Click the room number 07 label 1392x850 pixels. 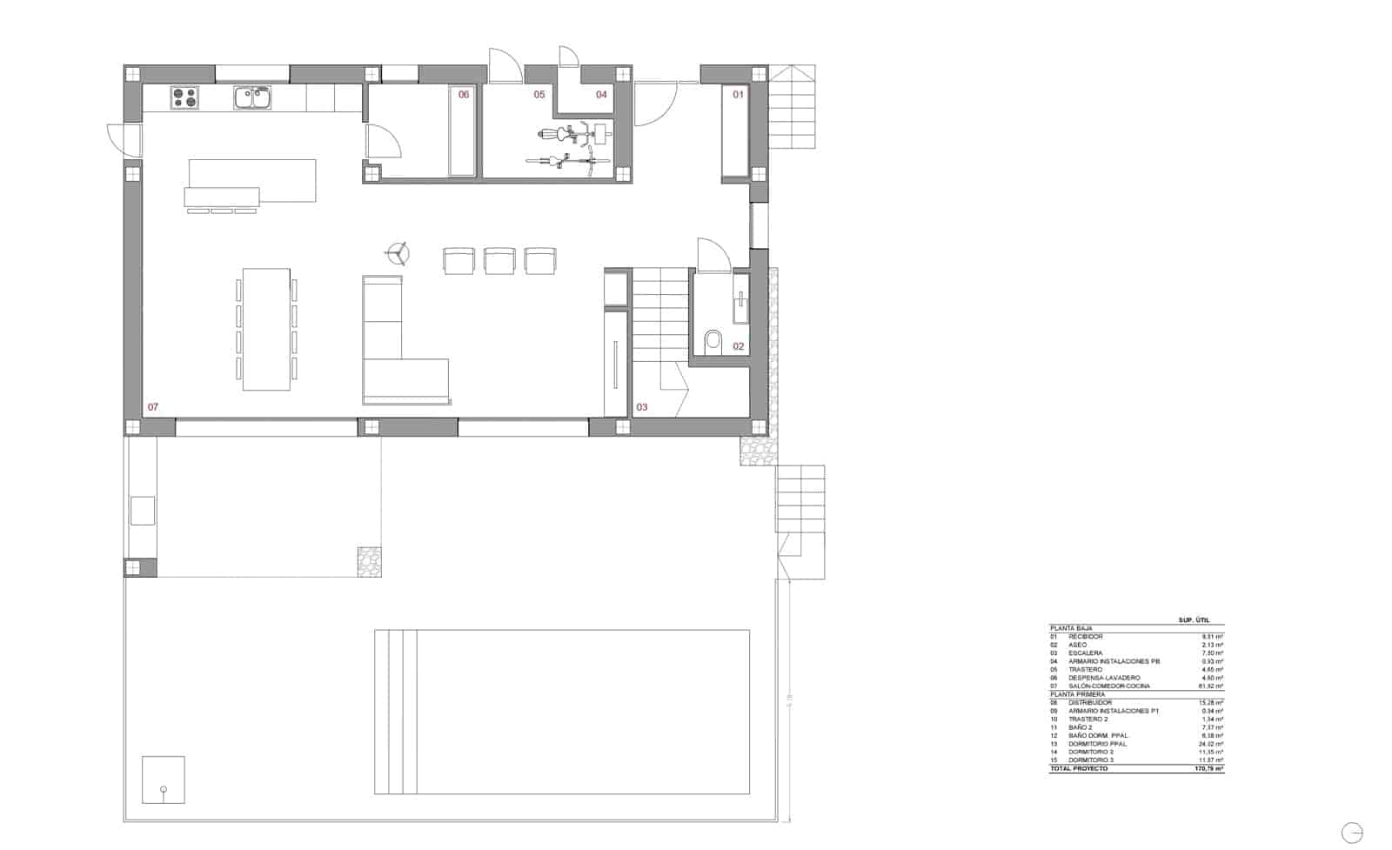[x=153, y=407]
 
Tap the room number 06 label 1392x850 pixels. [x=464, y=95]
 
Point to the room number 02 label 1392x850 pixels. [x=739, y=346]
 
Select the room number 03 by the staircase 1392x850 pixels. [x=642, y=407]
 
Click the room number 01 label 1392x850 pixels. [x=738, y=94]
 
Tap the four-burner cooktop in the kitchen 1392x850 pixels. [x=184, y=97]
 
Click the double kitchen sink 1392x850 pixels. [x=252, y=97]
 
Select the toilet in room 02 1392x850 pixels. [x=713, y=340]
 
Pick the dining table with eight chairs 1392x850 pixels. [x=266, y=329]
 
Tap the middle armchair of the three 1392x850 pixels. [x=499, y=261]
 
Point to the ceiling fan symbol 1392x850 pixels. [x=398, y=253]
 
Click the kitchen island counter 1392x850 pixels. [x=252, y=181]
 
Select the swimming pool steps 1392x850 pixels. [x=396, y=712]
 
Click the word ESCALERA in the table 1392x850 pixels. [x=1085, y=653]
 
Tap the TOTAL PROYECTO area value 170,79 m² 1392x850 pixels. [x=1209, y=769]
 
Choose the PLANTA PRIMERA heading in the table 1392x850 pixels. [x=1077, y=694]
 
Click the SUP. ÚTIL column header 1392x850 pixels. [x=1194, y=620]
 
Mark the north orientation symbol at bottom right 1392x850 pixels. [x=1352, y=833]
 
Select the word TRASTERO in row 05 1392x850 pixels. [x=1085, y=670]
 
